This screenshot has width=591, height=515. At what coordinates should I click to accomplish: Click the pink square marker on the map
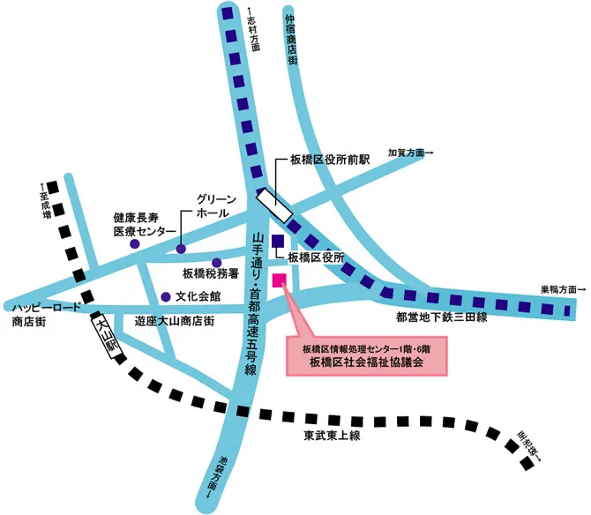pyautogui.click(x=280, y=281)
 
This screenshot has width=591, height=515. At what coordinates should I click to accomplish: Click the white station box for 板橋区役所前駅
pyautogui.click(x=276, y=205)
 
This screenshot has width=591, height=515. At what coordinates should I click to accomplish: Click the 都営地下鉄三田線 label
pyautogui.click(x=443, y=317)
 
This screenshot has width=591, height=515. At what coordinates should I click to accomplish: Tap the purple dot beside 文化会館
pyautogui.click(x=164, y=296)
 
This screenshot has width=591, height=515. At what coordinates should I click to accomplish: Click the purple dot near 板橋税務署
pyautogui.click(x=216, y=262)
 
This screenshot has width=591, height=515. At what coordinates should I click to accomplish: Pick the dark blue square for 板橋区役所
pyautogui.click(x=278, y=242)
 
